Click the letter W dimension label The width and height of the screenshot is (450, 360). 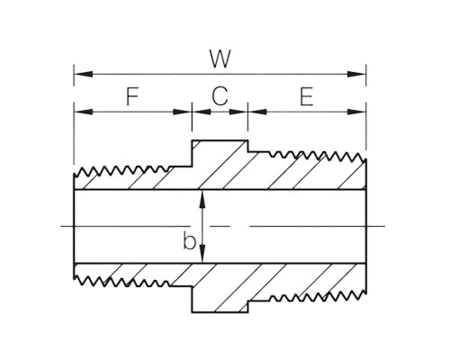tap(220, 58)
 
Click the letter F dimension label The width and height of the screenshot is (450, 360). tap(132, 96)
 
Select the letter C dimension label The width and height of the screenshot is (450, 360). tap(220, 96)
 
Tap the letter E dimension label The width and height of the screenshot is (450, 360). tap(307, 96)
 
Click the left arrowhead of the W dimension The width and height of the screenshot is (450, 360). tap(83, 74)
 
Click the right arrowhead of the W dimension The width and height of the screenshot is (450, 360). tap(356, 74)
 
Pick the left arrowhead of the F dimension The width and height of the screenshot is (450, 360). tap(83, 112)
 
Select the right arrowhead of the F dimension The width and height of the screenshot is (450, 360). tap(183, 112)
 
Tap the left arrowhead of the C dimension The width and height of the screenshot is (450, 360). tap(202, 112)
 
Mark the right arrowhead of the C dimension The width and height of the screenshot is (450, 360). tap(238, 112)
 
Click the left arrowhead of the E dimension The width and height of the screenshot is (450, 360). tap(257, 112)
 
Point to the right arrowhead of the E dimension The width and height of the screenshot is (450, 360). tap(356, 112)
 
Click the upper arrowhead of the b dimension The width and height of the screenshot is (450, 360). tap(202, 199)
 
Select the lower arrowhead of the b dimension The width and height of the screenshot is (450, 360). tap(202, 254)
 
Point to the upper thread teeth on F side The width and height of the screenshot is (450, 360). tap(121, 171)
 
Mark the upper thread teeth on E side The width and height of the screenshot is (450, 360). tap(318, 156)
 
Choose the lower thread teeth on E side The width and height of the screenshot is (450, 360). tap(318, 296)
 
